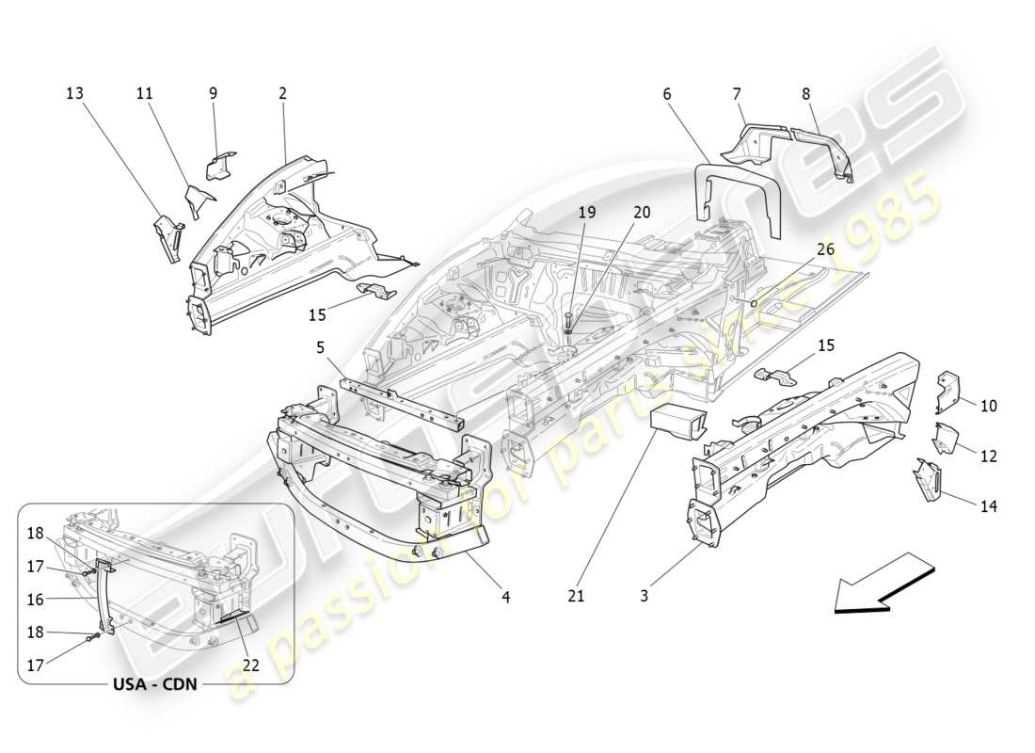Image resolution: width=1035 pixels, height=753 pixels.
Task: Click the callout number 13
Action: tap(74, 93)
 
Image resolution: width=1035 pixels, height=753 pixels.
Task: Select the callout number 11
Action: tap(144, 93)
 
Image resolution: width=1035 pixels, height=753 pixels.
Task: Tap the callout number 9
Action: tap(213, 93)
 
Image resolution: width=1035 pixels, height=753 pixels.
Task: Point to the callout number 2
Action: tap(282, 93)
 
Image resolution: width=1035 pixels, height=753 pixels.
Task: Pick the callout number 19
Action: tap(586, 213)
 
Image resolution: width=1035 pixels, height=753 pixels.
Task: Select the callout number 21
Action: tap(577, 596)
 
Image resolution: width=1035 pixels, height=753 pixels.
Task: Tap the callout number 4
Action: tap(505, 596)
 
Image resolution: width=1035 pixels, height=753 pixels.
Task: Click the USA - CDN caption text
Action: tap(154, 684)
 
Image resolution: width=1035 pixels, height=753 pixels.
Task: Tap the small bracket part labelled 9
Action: tap(221, 165)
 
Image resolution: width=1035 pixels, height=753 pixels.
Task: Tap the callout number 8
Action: tap(805, 93)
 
